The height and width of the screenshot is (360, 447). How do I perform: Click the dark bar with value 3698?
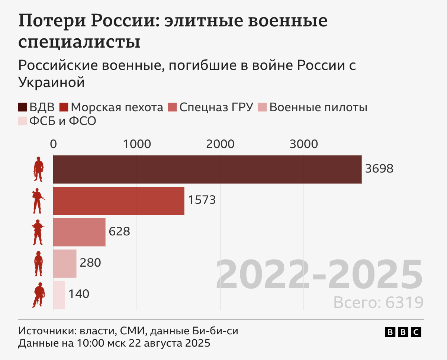207,169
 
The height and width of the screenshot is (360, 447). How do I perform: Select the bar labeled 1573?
118,200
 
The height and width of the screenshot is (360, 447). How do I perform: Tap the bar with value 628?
79,232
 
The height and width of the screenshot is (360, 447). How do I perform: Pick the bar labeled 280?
64,263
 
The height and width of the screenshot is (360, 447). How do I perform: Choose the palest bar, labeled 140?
59,295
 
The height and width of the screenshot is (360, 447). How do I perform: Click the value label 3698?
379,169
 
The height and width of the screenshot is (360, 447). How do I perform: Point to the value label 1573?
202,200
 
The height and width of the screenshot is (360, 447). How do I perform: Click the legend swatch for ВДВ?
22,107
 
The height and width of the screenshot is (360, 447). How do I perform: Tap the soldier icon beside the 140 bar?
38,295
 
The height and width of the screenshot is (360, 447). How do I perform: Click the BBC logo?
403,332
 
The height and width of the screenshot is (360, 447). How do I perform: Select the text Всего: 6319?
378,302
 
